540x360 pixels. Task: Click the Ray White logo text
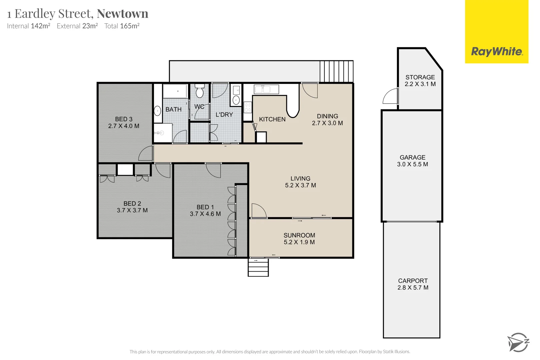point(497,52)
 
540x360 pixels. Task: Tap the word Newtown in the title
point(122,14)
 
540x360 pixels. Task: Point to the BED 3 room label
point(124,119)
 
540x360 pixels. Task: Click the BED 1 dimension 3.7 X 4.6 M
point(205,214)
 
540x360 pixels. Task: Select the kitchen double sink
point(266,89)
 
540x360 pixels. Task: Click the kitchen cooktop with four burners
point(248,107)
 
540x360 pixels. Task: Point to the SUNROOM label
point(299,235)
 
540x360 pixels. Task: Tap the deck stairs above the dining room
point(336,71)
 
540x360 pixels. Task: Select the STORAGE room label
point(420,77)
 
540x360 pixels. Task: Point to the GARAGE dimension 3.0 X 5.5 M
point(412,164)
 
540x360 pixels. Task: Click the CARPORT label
point(413,281)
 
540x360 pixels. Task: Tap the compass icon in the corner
point(518,342)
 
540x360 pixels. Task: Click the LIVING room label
point(300,179)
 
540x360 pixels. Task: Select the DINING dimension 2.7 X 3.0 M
point(327,123)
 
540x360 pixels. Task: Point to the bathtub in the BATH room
point(175,91)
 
